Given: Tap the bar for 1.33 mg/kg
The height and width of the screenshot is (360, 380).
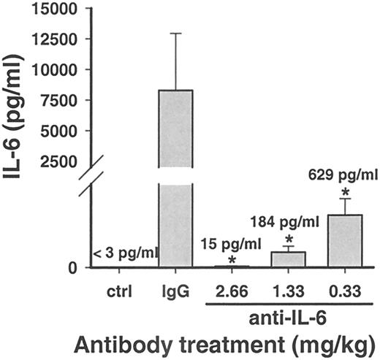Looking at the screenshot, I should pos(288,260).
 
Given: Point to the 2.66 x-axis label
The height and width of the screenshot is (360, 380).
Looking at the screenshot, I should pos(232,294).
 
